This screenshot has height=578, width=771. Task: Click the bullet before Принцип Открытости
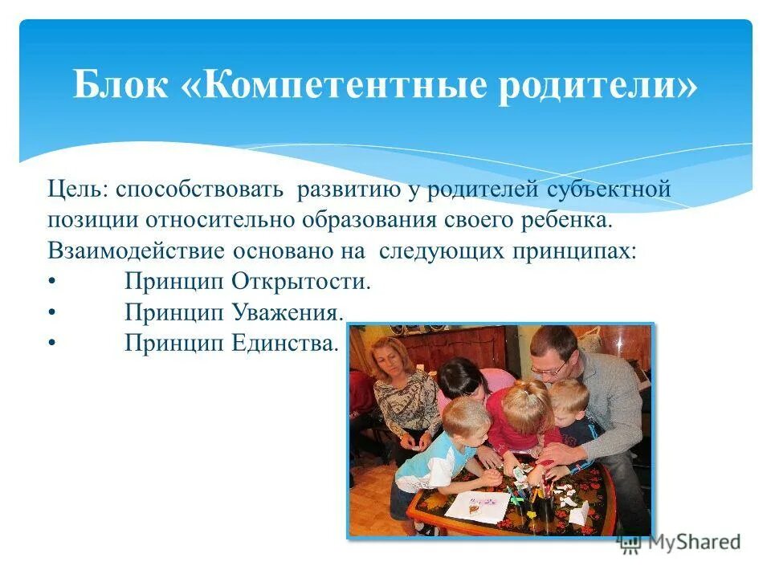[x=52, y=282]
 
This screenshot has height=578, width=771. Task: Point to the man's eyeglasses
[x=549, y=370]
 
